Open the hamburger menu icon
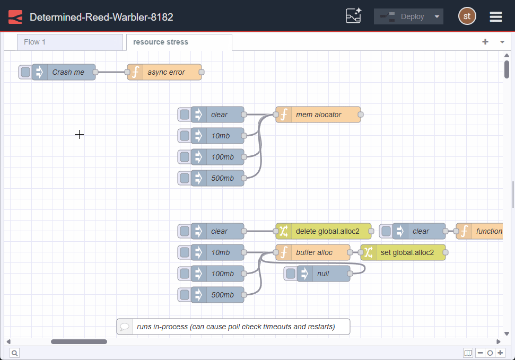(x=495, y=16)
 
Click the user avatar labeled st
(x=467, y=16)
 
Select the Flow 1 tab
(x=69, y=42)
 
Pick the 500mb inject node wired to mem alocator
(x=222, y=178)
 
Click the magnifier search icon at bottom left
(x=14, y=353)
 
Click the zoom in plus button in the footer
(x=500, y=353)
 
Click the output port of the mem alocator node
(x=361, y=115)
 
